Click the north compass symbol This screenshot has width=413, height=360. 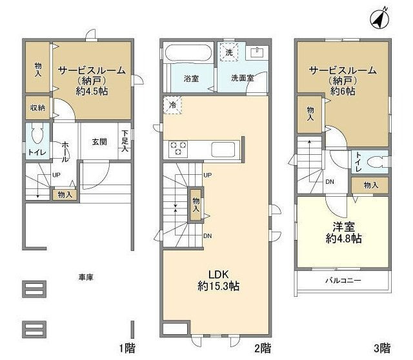tap(379, 19)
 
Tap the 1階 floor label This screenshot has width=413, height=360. tap(126, 349)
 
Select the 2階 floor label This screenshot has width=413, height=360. tap(261, 349)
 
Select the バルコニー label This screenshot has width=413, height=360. tap(343, 280)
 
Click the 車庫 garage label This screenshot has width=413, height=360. tap(86, 277)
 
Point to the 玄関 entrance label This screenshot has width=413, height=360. tap(99, 142)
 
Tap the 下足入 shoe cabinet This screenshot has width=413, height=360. tap(125, 141)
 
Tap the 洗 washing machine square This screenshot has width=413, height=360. tap(228, 52)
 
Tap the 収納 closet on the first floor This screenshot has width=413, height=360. tap(36, 108)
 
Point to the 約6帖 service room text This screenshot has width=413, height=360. tap(342, 92)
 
